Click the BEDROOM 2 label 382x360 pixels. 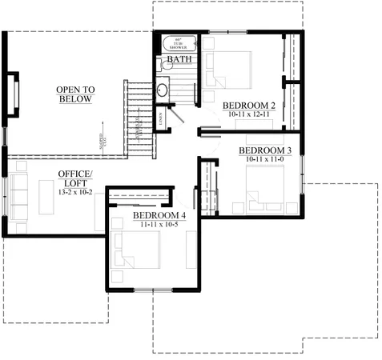pos(249,106)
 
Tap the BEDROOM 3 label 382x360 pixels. pos(265,150)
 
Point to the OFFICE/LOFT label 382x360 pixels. pos(74,178)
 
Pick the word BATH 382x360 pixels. pos(178,59)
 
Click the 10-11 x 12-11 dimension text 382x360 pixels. pos(249,115)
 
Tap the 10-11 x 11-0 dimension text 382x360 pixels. pos(265,160)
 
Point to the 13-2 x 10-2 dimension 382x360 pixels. pos(74,192)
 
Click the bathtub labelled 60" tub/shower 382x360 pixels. pos(178,43)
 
